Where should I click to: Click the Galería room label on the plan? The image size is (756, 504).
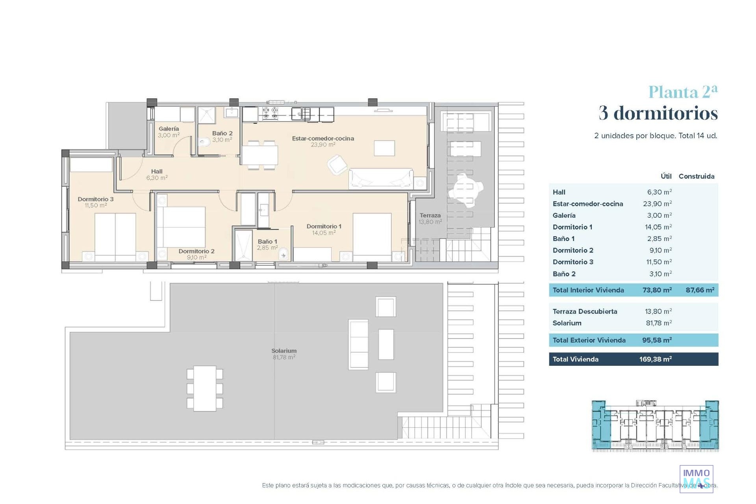(x=169, y=129)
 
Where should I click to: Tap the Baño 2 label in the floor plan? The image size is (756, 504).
(x=222, y=133)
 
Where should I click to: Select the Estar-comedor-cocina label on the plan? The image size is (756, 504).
(x=323, y=139)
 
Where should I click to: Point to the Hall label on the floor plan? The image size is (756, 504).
(x=157, y=172)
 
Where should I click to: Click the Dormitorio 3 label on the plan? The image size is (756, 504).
(x=96, y=199)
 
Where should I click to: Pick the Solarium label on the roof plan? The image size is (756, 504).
(x=284, y=351)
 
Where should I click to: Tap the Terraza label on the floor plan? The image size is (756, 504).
(x=430, y=215)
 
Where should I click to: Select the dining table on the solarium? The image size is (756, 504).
(x=205, y=389)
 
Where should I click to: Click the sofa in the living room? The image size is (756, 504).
(x=381, y=178)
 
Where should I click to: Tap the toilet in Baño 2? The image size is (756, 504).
(x=203, y=142)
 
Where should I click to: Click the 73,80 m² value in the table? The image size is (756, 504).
(x=657, y=290)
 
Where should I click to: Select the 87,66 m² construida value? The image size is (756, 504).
(x=700, y=290)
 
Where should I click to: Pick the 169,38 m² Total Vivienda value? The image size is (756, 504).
(x=656, y=359)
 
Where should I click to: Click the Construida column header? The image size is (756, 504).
(x=697, y=176)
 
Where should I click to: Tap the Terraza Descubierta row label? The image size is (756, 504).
(x=585, y=311)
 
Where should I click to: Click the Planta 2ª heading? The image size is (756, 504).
(x=683, y=92)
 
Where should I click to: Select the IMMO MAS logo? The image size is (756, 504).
(x=697, y=478)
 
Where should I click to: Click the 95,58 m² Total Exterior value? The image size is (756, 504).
(x=657, y=340)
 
